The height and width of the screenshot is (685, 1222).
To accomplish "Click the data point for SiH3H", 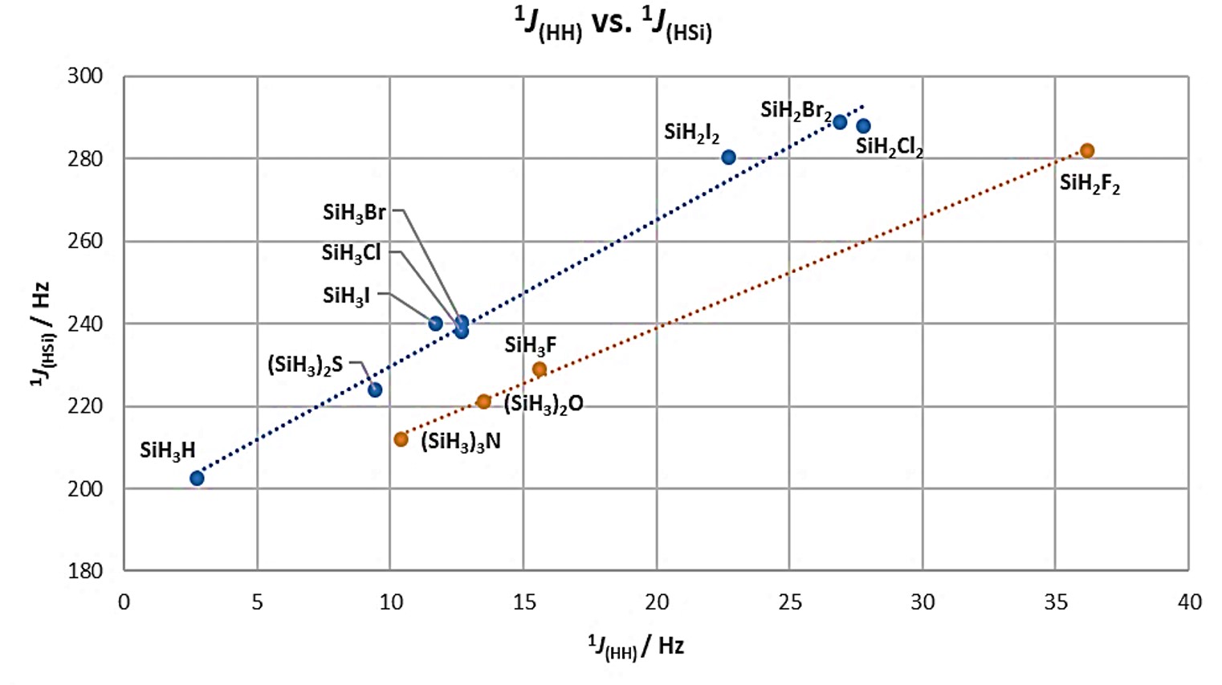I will pyautogui.click(x=197, y=479).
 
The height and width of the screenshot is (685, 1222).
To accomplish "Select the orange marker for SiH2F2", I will pyautogui.click(x=1087, y=151).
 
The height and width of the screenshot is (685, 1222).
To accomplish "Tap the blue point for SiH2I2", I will pyautogui.click(x=728, y=157).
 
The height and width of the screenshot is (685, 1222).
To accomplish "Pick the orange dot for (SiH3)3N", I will pyautogui.click(x=401, y=439).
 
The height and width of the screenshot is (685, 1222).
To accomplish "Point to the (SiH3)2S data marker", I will pyautogui.click(x=375, y=390).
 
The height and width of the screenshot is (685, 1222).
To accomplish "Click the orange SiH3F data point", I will pyautogui.click(x=540, y=369).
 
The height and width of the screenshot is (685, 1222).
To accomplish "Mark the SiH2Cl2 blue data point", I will pyautogui.click(x=863, y=126).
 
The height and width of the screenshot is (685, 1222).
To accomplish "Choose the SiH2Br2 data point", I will pyautogui.click(x=840, y=122).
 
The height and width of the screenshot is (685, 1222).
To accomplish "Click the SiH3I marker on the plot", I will pyautogui.click(x=435, y=324).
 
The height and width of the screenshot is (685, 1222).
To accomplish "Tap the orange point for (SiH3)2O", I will pyautogui.click(x=483, y=402).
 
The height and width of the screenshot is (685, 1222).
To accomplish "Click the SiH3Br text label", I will pyautogui.click(x=354, y=213).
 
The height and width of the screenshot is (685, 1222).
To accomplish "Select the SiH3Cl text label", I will pyautogui.click(x=351, y=253).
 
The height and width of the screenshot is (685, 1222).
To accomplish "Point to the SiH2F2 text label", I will pyautogui.click(x=1090, y=184).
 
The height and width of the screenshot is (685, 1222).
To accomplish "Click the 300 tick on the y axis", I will pyautogui.click(x=85, y=76).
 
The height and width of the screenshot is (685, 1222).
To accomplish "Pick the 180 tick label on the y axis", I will pyautogui.click(x=85, y=571).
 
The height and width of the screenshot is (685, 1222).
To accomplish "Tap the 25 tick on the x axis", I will pyautogui.click(x=790, y=602).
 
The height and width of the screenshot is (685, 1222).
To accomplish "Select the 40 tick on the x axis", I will pyautogui.click(x=1189, y=602).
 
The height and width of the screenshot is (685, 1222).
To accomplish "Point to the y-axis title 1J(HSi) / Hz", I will pyautogui.click(x=40, y=333).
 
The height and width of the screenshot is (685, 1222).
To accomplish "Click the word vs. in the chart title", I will pyautogui.click(x=612, y=23).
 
